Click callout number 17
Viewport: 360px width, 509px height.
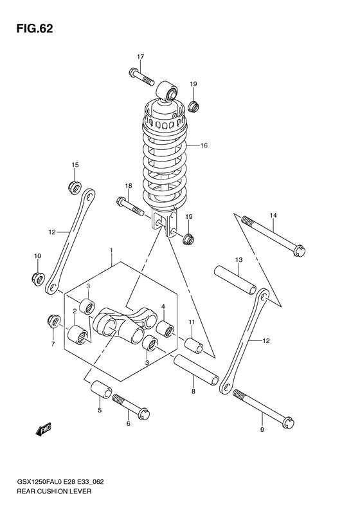pos(140,56)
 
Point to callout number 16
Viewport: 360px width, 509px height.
pos(204,145)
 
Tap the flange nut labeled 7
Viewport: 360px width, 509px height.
pos(53,319)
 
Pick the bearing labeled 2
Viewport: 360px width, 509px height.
pos(80,334)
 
